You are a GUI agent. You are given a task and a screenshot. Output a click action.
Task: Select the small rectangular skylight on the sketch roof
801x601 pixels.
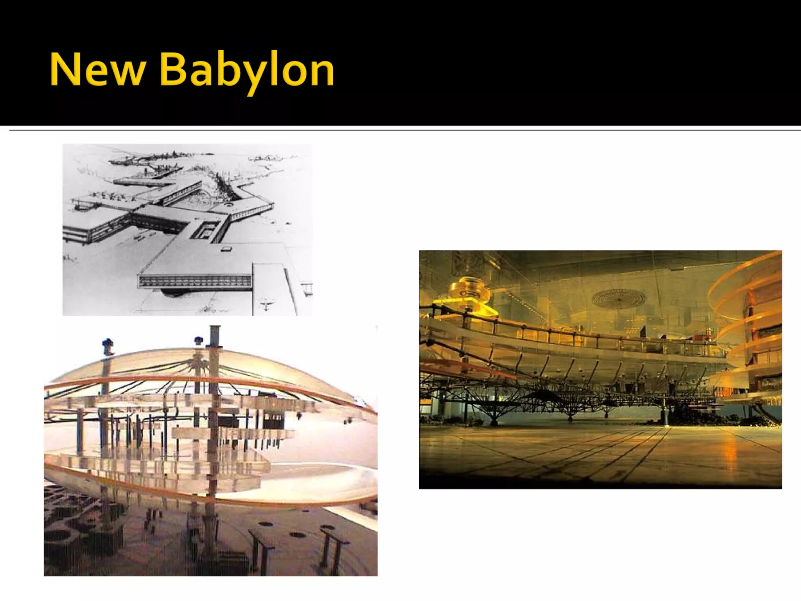click(227, 248)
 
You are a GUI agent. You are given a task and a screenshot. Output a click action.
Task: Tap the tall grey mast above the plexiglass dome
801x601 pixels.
click(215, 336)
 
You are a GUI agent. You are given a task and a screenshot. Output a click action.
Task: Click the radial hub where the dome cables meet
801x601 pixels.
click(199, 364)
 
